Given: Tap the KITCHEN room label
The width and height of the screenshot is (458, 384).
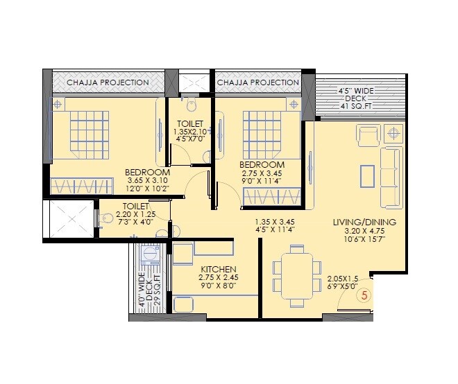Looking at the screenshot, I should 219,269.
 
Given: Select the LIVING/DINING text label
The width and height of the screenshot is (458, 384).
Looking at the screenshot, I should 364,222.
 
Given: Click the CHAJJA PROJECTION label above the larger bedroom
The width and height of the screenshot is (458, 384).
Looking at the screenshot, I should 108,82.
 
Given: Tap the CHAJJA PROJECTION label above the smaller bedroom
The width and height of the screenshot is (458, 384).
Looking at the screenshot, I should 257,82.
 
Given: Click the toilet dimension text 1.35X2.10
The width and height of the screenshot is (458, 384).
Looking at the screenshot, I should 190,131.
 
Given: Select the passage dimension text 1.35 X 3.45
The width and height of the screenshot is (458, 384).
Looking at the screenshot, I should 275,222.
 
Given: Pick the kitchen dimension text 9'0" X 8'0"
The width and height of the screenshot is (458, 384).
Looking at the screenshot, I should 219,285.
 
